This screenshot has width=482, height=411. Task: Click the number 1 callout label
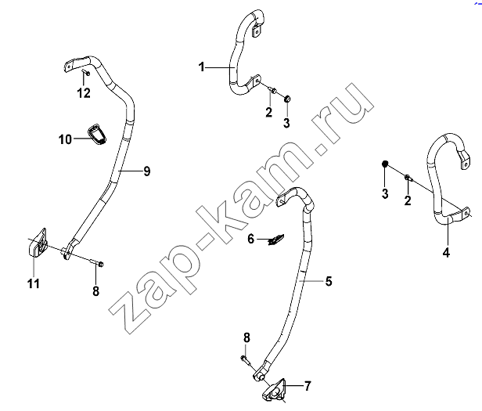tap(202, 67)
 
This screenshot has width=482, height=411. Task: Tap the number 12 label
tap(84, 93)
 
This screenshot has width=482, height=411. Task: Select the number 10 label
tap(65, 139)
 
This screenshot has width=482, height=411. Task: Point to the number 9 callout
tap(147, 171)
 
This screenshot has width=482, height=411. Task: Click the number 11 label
tap(34, 283)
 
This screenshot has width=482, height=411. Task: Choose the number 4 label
tap(446, 252)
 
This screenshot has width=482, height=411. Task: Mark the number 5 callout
tap(329, 281)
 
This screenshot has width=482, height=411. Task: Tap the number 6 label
tap(251, 239)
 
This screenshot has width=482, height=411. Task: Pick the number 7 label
tap(308, 386)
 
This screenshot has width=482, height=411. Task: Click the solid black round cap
tap(385, 164)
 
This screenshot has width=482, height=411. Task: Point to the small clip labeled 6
tap(276, 240)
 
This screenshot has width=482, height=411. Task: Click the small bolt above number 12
tap(86, 73)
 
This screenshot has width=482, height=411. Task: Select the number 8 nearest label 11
tap(96, 290)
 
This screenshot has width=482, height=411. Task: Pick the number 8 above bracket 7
tap(246, 337)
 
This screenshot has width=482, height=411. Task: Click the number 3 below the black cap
tap(385, 194)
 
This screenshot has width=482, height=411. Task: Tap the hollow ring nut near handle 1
tap(287, 99)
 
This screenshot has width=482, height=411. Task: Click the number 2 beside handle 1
tap(269, 112)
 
